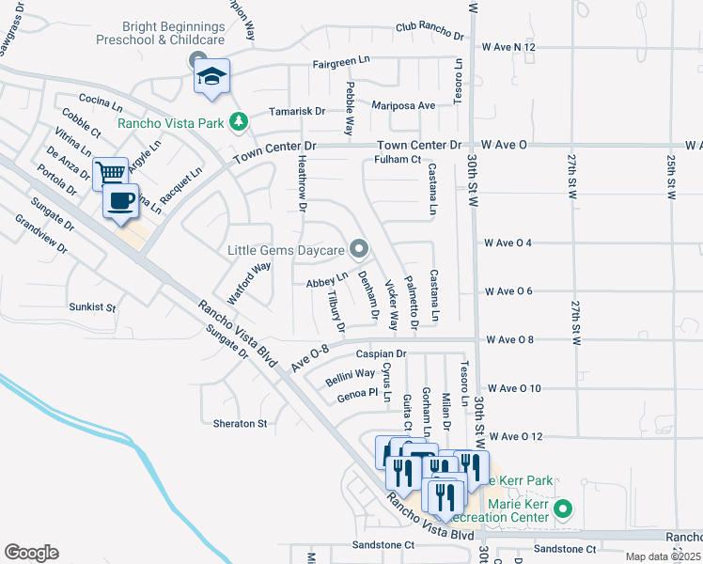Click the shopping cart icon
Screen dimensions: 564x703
(x=110, y=173)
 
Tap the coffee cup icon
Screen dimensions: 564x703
(x=119, y=202)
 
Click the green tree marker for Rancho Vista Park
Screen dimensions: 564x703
(x=240, y=121)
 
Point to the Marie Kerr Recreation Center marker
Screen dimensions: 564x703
(x=563, y=510)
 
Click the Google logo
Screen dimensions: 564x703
(x=31, y=553)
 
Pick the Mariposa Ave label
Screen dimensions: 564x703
(x=404, y=106)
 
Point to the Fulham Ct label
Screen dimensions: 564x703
(x=396, y=160)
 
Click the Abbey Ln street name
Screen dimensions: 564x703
(x=327, y=281)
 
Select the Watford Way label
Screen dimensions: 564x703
(x=248, y=279)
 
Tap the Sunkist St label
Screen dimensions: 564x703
(x=92, y=306)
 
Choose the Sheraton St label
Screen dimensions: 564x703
(x=241, y=424)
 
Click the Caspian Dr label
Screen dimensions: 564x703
(x=380, y=354)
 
